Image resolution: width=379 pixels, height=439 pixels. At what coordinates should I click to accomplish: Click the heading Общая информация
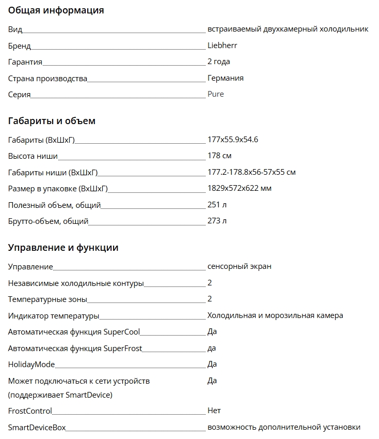point(56,10)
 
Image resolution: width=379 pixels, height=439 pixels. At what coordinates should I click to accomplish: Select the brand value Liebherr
point(222,46)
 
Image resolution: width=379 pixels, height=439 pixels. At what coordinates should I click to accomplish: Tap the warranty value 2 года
point(218,62)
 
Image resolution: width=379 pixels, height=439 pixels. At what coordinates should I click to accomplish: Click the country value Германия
point(225,78)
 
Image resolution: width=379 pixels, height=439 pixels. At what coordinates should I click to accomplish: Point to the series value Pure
point(215,94)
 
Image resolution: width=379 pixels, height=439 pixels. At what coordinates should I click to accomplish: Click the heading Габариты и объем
point(52,121)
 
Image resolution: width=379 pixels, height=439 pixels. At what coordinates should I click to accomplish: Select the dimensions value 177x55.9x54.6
point(232,140)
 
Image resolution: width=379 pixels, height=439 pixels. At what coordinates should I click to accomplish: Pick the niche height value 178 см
point(219,156)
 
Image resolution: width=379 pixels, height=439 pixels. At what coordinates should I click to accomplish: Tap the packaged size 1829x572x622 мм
point(239,188)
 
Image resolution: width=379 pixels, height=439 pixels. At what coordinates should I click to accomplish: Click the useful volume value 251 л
point(217,205)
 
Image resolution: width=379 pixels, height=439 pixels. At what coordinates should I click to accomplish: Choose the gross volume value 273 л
point(217,221)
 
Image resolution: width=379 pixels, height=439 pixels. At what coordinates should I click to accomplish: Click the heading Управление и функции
point(63,248)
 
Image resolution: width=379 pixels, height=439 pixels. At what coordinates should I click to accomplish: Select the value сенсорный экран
point(239,266)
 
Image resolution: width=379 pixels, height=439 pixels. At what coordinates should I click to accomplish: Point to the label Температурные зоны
point(48,299)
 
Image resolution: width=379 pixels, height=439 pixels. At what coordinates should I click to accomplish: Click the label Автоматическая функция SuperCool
point(74,332)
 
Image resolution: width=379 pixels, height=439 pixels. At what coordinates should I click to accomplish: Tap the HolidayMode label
point(31,365)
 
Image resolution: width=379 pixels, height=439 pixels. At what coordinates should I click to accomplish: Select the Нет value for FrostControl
point(214,411)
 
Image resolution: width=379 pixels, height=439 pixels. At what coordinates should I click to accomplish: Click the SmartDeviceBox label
point(37,428)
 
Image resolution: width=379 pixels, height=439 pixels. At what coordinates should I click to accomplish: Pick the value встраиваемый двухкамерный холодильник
point(288,29)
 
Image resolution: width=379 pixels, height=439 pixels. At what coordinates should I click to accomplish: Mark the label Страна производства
point(48,79)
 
